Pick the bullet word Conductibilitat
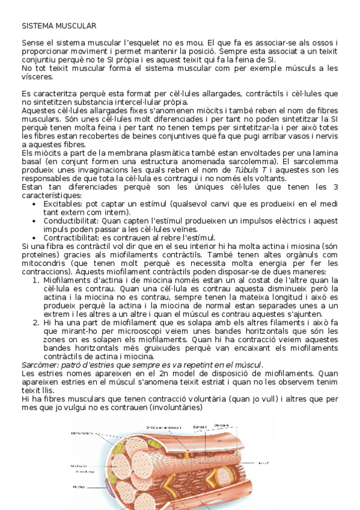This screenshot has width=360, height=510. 72,221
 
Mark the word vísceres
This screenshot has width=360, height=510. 37,77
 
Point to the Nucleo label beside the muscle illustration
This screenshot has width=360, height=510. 79,487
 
